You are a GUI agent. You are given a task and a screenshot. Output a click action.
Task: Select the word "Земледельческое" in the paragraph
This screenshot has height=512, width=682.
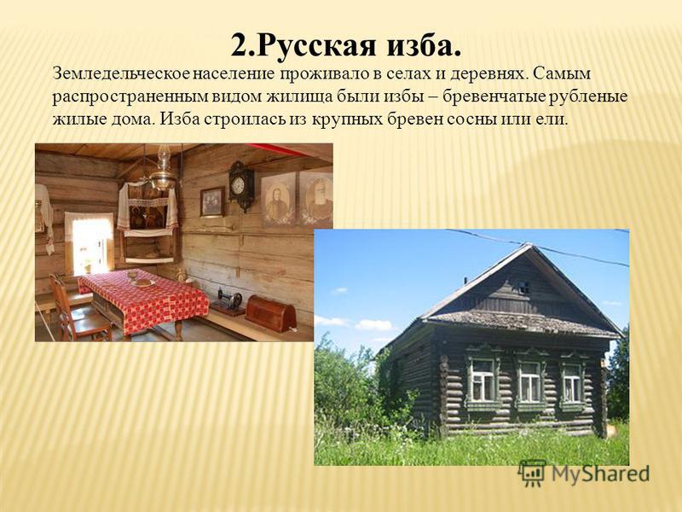click(120, 73)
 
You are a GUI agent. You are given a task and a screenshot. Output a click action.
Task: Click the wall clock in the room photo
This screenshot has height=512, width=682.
click(240, 186)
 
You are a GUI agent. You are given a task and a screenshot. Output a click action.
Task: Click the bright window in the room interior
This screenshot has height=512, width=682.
click(90, 245)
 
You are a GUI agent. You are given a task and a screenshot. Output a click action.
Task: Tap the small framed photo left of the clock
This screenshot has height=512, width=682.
click(212, 202)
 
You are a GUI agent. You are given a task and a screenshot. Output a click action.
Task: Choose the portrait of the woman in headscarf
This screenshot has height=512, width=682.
click(279, 200)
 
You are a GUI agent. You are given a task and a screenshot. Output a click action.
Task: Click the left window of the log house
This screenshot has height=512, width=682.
click(483, 380)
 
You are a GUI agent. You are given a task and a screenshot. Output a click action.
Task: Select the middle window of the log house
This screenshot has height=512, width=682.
click(529, 381)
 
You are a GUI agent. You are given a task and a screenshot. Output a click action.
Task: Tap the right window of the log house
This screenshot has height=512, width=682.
click(571, 383)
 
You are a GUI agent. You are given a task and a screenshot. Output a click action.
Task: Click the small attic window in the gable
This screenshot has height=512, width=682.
click(523, 288)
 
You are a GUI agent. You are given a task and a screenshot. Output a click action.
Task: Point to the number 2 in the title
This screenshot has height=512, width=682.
click(239, 44)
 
